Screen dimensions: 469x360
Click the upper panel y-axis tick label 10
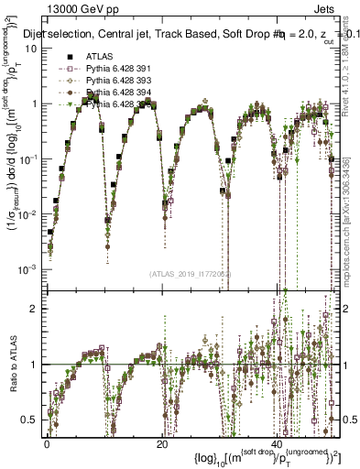[30, 49]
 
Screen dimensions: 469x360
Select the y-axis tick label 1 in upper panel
[34, 104]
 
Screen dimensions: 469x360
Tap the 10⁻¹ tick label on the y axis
[29, 158]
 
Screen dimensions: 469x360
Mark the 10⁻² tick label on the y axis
[29, 213]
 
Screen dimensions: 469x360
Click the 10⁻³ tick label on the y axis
[29, 267]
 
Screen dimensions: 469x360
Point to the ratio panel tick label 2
[34, 309]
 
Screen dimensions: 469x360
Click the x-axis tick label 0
[47, 443]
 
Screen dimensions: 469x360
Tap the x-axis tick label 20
[161, 443]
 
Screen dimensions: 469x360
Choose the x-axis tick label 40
[277, 443]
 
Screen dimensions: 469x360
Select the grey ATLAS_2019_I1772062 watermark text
[192, 273]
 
